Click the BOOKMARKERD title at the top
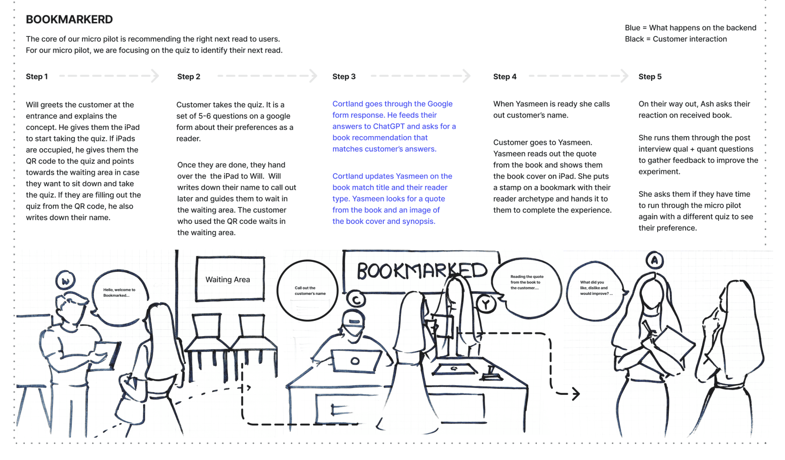(x=69, y=20)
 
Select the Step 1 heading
(x=37, y=76)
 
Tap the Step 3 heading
(x=344, y=76)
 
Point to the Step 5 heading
(x=650, y=76)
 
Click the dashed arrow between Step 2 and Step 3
(x=267, y=76)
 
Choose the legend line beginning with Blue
(x=690, y=28)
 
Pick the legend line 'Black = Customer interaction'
(x=675, y=39)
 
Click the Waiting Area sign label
(x=227, y=280)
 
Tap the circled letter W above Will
(x=65, y=281)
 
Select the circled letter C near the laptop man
(x=356, y=300)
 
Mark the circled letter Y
(x=486, y=304)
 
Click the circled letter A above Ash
(x=654, y=260)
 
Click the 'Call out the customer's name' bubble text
(x=310, y=291)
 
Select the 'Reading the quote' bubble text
(x=527, y=282)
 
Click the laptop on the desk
(x=355, y=361)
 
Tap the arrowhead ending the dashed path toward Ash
(x=576, y=394)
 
